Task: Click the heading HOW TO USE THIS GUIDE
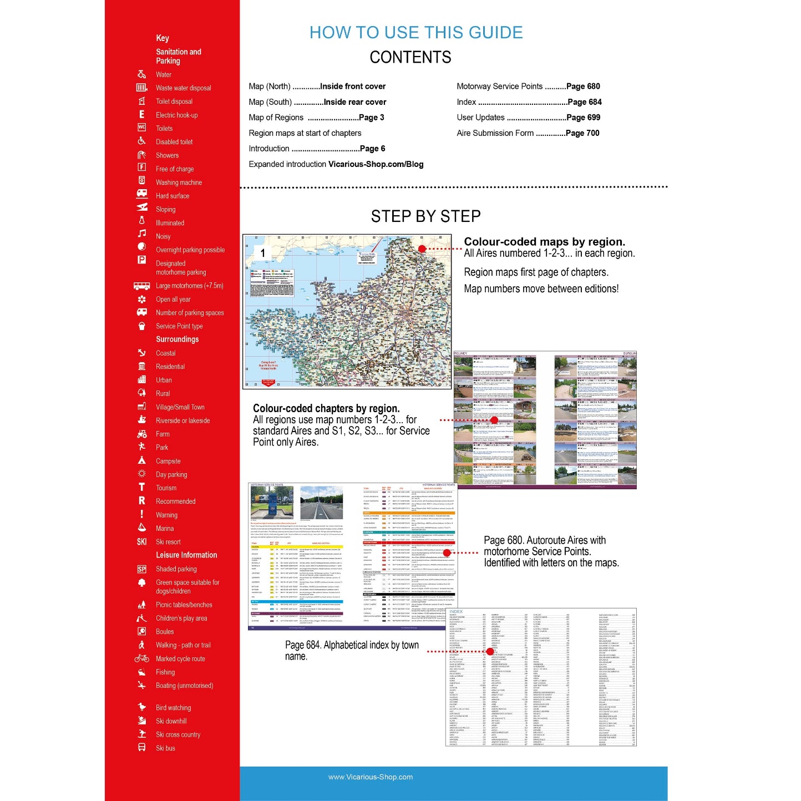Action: (x=416, y=33)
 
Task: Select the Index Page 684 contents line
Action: (x=529, y=102)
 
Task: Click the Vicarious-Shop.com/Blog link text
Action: (x=376, y=164)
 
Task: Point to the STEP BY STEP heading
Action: (x=425, y=216)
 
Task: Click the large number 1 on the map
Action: (x=263, y=253)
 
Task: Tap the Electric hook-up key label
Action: (x=176, y=115)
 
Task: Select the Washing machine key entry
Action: (x=179, y=182)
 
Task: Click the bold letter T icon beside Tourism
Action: (x=141, y=487)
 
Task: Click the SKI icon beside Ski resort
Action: (x=141, y=542)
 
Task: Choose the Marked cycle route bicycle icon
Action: (x=141, y=658)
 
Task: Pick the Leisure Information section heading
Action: (x=186, y=555)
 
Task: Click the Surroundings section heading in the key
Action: (x=177, y=339)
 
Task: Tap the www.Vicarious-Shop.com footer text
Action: (x=370, y=777)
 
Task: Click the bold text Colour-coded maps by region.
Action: (x=544, y=242)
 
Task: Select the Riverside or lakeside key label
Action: (x=182, y=420)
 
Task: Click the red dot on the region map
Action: (x=422, y=249)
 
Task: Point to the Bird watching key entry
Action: (x=173, y=708)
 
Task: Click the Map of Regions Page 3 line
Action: (x=316, y=118)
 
